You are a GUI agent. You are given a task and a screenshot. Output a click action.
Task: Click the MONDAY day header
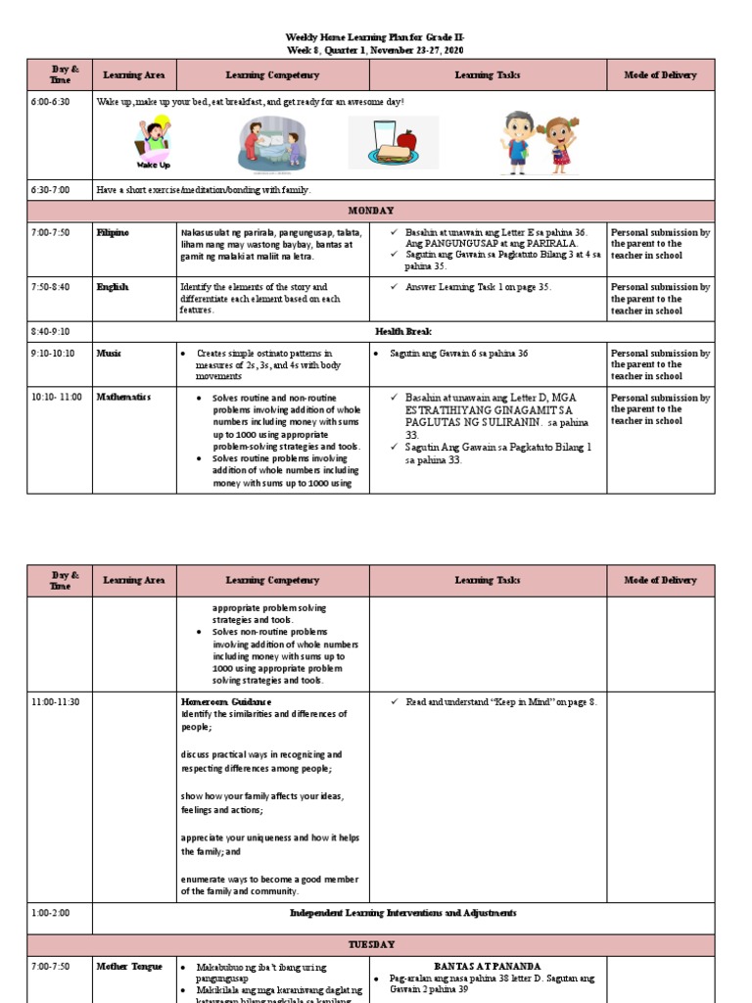(371, 211)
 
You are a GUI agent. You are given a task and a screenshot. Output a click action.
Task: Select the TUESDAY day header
(371, 944)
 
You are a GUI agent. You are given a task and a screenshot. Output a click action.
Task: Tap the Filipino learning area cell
(113, 233)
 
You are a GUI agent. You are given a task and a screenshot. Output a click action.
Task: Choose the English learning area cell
(112, 288)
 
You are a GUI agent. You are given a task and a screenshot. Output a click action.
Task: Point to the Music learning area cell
(109, 354)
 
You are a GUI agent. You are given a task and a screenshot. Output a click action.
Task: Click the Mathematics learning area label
(123, 398)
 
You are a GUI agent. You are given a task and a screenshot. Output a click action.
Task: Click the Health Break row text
(400, 331)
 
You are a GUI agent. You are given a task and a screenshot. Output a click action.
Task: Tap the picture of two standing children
(539, 143)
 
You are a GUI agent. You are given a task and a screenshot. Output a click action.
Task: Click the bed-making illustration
(269, 144)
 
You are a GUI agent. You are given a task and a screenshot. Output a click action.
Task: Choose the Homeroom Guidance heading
(226, 702)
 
